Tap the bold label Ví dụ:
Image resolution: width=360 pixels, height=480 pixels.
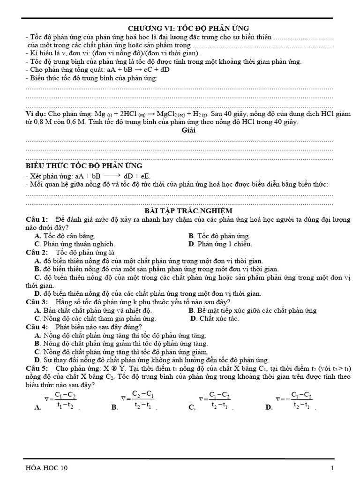(36, 114)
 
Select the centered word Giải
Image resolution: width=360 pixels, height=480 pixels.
(188, 131)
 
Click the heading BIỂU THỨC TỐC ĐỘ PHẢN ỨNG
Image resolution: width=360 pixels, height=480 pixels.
(84, 166)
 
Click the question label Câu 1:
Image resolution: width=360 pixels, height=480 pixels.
(37, 220)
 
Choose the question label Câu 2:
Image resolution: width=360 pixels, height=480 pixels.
(37, 252)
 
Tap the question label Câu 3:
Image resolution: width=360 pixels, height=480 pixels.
(37, 302)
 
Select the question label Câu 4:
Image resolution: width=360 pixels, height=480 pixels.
(37, 327)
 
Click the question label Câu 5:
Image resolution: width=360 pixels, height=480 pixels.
(37, 368)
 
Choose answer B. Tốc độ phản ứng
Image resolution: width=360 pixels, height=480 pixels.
(219, 236)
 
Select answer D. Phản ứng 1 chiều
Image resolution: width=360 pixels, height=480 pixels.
(220, 244)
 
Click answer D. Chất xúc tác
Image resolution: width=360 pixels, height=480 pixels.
(215, 319)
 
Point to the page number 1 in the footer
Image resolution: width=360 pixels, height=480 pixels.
(332, 468)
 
